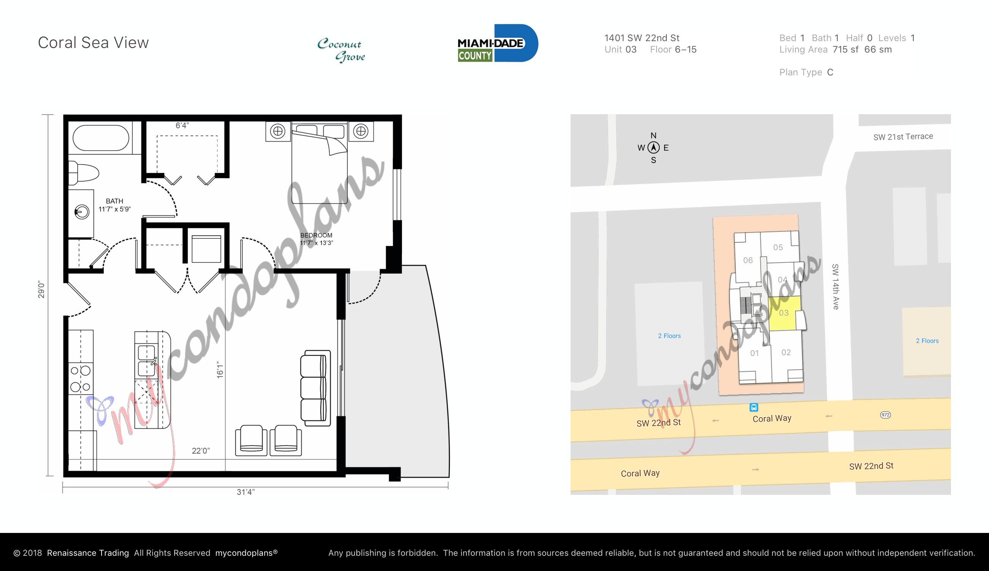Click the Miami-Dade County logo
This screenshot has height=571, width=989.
497,43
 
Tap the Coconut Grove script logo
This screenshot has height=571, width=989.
341,50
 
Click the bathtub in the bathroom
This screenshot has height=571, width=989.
101,138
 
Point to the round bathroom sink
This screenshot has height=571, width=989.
82,212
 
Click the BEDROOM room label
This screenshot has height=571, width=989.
316,235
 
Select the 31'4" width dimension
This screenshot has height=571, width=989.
245,492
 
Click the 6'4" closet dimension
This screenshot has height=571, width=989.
182,126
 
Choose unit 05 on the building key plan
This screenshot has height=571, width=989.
778,247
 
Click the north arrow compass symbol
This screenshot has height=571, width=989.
653,148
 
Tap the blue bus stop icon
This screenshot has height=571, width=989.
754,407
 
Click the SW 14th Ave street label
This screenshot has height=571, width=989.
835,287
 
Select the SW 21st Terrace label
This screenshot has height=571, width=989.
903,137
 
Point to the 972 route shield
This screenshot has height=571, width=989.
885,415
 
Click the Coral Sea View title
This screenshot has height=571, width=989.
93,43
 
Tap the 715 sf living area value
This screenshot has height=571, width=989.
846,49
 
